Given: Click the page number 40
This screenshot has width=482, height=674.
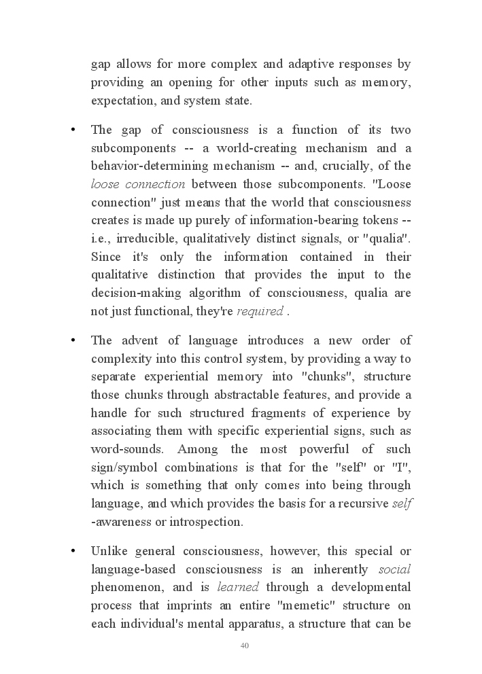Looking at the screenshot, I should tap(245, 645).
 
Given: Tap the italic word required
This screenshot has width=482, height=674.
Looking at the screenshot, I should tap(260, 312).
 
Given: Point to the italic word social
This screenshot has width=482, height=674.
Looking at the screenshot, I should tap(394, 569).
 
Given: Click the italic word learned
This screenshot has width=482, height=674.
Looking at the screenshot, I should tap(238, 587).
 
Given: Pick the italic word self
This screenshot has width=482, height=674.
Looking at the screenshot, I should tap(403, 503).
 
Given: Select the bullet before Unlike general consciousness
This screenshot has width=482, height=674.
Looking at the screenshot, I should tap(72, 551).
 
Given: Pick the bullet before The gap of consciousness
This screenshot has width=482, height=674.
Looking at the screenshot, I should tap(72, 130).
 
